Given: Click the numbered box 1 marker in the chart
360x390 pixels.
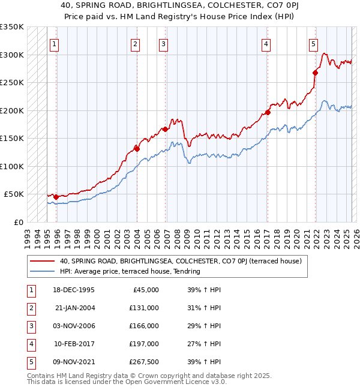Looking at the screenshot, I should coord(55,44).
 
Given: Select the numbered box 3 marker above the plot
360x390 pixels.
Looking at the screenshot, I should coord(163,44).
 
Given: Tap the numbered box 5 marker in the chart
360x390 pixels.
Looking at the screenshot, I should coord(313,44).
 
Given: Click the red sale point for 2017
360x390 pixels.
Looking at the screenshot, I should coord(268,112).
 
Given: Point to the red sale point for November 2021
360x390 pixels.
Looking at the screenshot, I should coord(316,73).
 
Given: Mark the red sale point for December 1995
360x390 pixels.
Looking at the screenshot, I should coord(56,197).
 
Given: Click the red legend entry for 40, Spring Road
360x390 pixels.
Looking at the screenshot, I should coord(179,261).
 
